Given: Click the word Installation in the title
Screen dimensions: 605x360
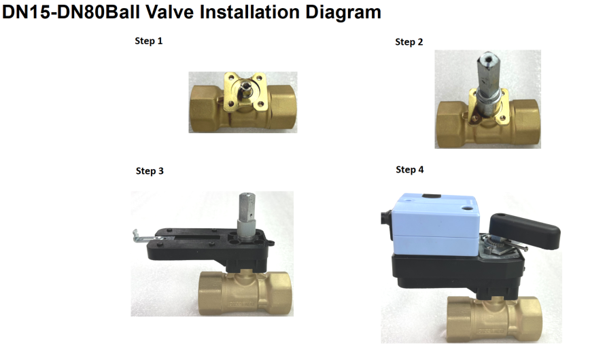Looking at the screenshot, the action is click(x=250, y=12).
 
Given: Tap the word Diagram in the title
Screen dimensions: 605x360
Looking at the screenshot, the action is click(x=343, y=13).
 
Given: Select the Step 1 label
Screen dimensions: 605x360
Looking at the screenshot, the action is click(x=149, y=41).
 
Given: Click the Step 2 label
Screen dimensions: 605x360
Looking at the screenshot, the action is click(x=409, y=42).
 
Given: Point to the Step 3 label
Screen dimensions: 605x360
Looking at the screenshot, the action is click(x=150, y=170).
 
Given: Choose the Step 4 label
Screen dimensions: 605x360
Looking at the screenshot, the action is click(x=410, y=170).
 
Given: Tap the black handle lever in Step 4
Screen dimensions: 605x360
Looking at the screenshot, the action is click(x=525, y=230).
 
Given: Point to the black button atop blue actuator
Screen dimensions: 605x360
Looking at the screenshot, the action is click(x=432, y=196).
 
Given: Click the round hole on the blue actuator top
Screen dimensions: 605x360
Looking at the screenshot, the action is click(x=467, y=208).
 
